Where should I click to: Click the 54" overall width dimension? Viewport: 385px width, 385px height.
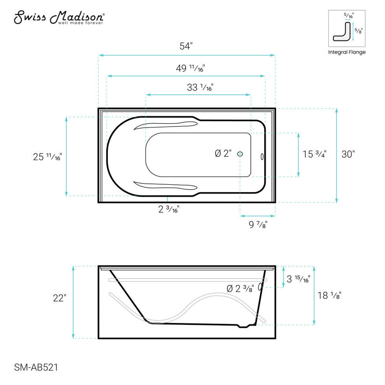click(x=185, y=47)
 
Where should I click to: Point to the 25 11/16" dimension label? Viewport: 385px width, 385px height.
click(x=46, y=156)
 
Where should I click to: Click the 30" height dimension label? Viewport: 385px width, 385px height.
click(x=348, y=154)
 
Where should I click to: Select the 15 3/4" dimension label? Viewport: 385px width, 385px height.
click(x=314, y=154)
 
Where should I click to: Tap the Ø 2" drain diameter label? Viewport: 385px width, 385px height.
click(x=223, y=154)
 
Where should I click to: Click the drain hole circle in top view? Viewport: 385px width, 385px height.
click(x=241, y=154)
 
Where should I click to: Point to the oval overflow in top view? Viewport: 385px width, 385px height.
click(x=262, y=156)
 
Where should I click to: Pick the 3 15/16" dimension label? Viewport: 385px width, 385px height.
click(x=298, y=279)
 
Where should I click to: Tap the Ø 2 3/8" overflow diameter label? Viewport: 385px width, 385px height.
click(x=240, y=289)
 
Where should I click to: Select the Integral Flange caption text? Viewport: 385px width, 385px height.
click(x=346, y=52)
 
